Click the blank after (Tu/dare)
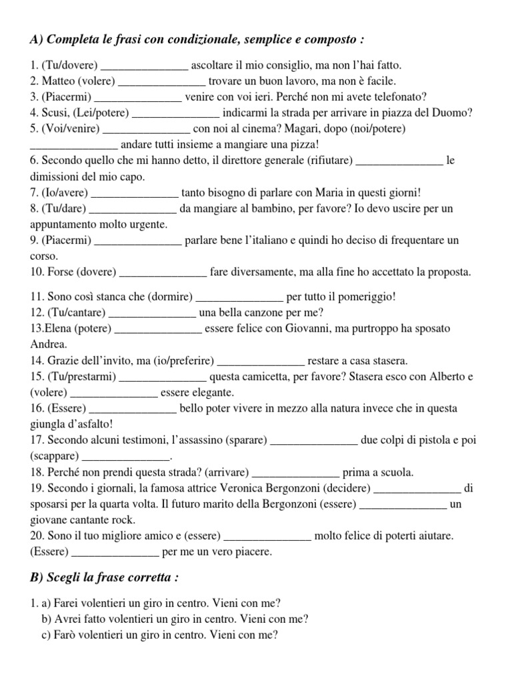tap(133, 208)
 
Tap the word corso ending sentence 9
tap(45, 256)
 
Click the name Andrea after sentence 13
tap(49, 344)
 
